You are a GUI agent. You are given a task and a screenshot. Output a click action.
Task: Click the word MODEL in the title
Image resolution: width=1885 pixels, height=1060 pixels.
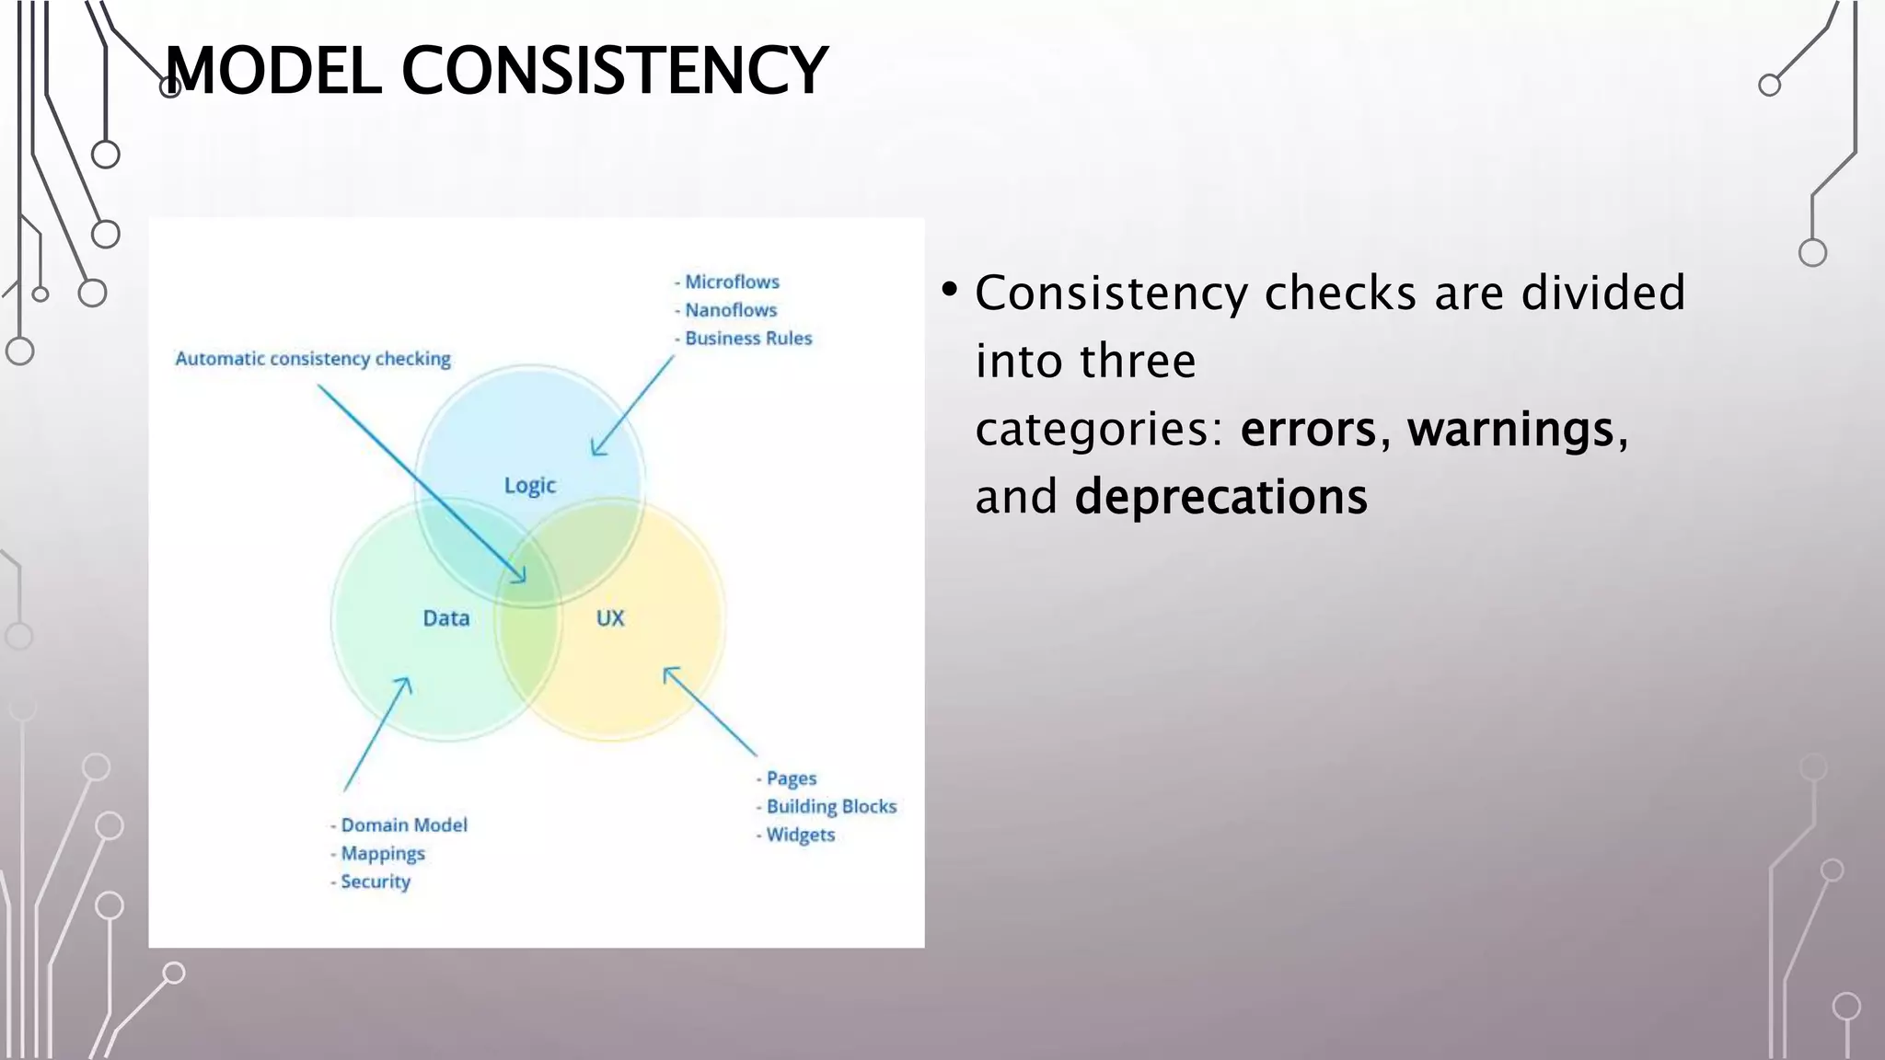pos(273,71)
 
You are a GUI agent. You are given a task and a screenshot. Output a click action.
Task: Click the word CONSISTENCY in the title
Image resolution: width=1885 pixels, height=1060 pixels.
pos(614,71)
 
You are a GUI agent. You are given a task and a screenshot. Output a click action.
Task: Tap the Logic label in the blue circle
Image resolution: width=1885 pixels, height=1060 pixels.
pos(529,485)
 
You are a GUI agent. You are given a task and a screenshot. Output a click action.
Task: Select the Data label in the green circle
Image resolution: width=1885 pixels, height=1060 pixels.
pos(446,618)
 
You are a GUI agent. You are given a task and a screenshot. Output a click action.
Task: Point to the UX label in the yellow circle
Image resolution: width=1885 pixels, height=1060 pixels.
pos(610,618)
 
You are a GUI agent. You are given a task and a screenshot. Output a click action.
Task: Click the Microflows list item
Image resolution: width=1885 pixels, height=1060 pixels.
pos(732,282)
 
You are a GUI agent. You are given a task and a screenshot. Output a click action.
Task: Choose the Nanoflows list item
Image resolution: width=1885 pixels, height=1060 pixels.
pos(731,310)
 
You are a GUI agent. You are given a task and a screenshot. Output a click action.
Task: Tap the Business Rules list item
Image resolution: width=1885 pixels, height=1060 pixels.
pos(748,339)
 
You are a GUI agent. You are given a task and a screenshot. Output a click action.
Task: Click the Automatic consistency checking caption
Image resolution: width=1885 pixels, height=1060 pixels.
pos(313,359)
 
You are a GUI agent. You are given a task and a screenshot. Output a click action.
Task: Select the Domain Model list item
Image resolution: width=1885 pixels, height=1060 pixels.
pos(404,825)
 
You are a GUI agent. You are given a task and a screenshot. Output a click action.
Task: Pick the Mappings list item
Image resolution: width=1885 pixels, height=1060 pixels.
pos(383,854)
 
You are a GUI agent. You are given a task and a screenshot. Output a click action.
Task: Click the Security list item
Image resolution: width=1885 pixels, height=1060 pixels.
pos(376,881)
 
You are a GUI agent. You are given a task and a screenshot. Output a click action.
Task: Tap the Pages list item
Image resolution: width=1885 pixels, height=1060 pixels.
pos(791,778)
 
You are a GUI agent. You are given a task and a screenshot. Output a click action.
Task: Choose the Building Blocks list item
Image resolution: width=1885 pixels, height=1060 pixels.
pos(831,807)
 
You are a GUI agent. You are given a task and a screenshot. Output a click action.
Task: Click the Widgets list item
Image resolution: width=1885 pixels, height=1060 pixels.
pos(801,835)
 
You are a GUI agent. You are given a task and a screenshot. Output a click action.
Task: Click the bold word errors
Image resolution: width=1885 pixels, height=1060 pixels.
pos(1308,430)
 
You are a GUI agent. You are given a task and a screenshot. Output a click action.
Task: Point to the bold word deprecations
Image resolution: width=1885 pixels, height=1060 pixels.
pos(1220,498)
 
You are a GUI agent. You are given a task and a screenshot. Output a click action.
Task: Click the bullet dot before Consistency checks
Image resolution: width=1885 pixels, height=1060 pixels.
pos(950,291)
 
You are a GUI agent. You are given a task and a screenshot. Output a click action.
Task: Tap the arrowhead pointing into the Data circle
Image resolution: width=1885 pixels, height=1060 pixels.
pos(404,684)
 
